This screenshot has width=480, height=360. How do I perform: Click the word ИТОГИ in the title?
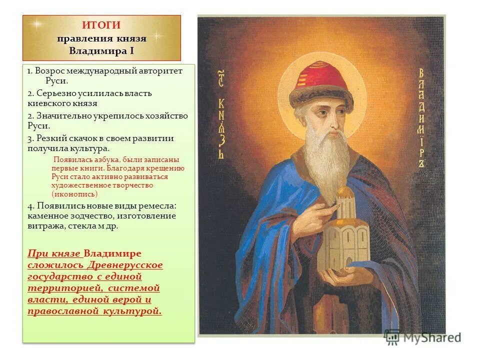click(x=101, y=25)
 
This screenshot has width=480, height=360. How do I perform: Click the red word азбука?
click(x=104, y=159)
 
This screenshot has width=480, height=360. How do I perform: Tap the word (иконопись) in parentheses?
click(x=74, y=193)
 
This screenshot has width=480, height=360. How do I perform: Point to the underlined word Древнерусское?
click(x=126, y=264)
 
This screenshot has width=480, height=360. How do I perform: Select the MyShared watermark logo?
click(x=423, y=337)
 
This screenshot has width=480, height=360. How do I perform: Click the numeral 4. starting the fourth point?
click(x=31, y=206)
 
